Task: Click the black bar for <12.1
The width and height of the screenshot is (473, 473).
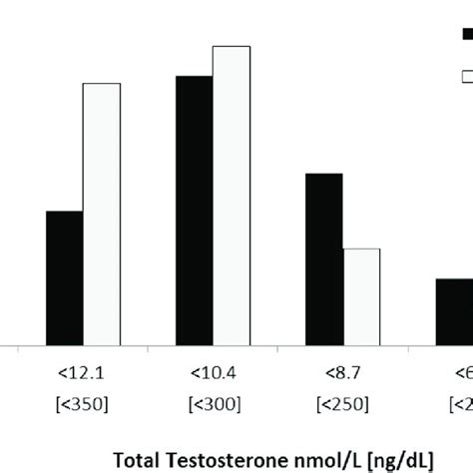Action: coord(64,276)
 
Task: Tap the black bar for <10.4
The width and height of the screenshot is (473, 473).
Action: coord(194,209)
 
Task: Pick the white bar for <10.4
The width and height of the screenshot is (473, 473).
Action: coord(231,194)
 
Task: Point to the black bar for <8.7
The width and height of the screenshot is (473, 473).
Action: coord(323,257)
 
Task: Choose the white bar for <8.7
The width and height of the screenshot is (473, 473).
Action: coord(360,295)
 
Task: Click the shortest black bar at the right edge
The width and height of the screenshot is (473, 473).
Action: coord(454,310)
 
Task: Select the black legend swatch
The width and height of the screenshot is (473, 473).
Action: coord(466,34)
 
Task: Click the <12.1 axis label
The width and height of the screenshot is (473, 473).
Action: coord(81,373)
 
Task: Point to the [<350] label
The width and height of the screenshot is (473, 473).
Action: coord(81,404)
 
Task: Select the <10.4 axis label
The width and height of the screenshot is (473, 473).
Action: coord(212,373)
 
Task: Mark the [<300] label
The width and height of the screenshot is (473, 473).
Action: coord(212,404)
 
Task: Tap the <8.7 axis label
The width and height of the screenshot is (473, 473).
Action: coord(341,373)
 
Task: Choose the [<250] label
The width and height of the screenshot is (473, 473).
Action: coord(341,404)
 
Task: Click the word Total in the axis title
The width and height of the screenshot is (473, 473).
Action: coord(136,461)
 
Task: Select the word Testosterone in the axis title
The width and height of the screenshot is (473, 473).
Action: coord(226,461)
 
